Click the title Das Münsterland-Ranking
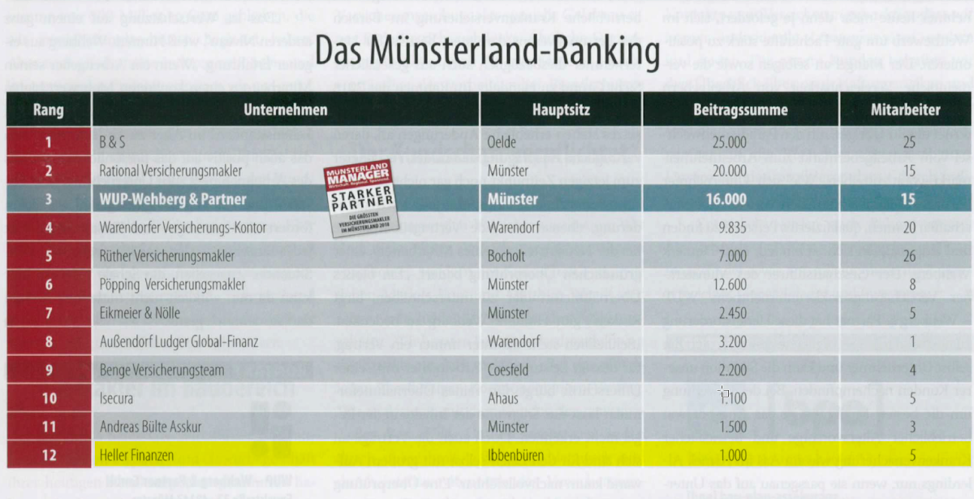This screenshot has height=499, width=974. (x=486, y=50)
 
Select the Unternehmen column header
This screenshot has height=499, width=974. (x=286, y=110)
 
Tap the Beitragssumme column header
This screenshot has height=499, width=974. (x=739, y=110)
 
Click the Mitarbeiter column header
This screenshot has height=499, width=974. (x=905, y=110)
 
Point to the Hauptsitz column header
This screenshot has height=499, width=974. (x=561, y=110)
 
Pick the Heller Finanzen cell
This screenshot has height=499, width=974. (x=136, y=455)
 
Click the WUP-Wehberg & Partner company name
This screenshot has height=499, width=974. (x=173, y=199)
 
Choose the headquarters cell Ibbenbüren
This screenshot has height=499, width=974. (x=516, y=455)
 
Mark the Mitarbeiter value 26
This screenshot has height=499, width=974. (x=908, y=256)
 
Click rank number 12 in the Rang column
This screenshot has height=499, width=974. (x=50, y=455)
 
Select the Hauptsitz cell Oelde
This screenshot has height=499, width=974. (x=502, y=142)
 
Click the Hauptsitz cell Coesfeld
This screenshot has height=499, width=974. (x=509, y=370)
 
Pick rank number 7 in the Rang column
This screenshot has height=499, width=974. (x=50, y=313)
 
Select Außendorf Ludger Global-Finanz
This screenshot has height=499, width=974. (x=179, y=341)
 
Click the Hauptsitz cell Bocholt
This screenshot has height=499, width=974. (x=506, y=256)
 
